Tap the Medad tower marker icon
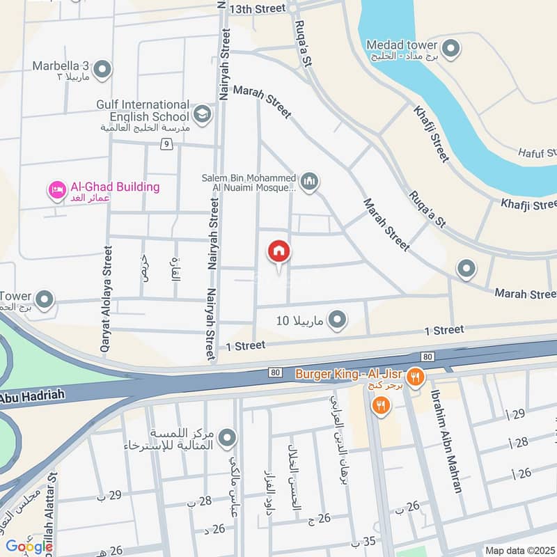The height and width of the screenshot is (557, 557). (x=451, y=49)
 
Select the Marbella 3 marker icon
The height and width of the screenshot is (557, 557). (x=102, y=69)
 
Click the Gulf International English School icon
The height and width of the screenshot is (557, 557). (x=203, y=114)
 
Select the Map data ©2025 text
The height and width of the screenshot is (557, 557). (x=519, y=550)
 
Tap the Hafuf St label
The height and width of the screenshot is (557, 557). (x=538, y=152)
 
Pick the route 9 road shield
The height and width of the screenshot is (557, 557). (x=166, y=144)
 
